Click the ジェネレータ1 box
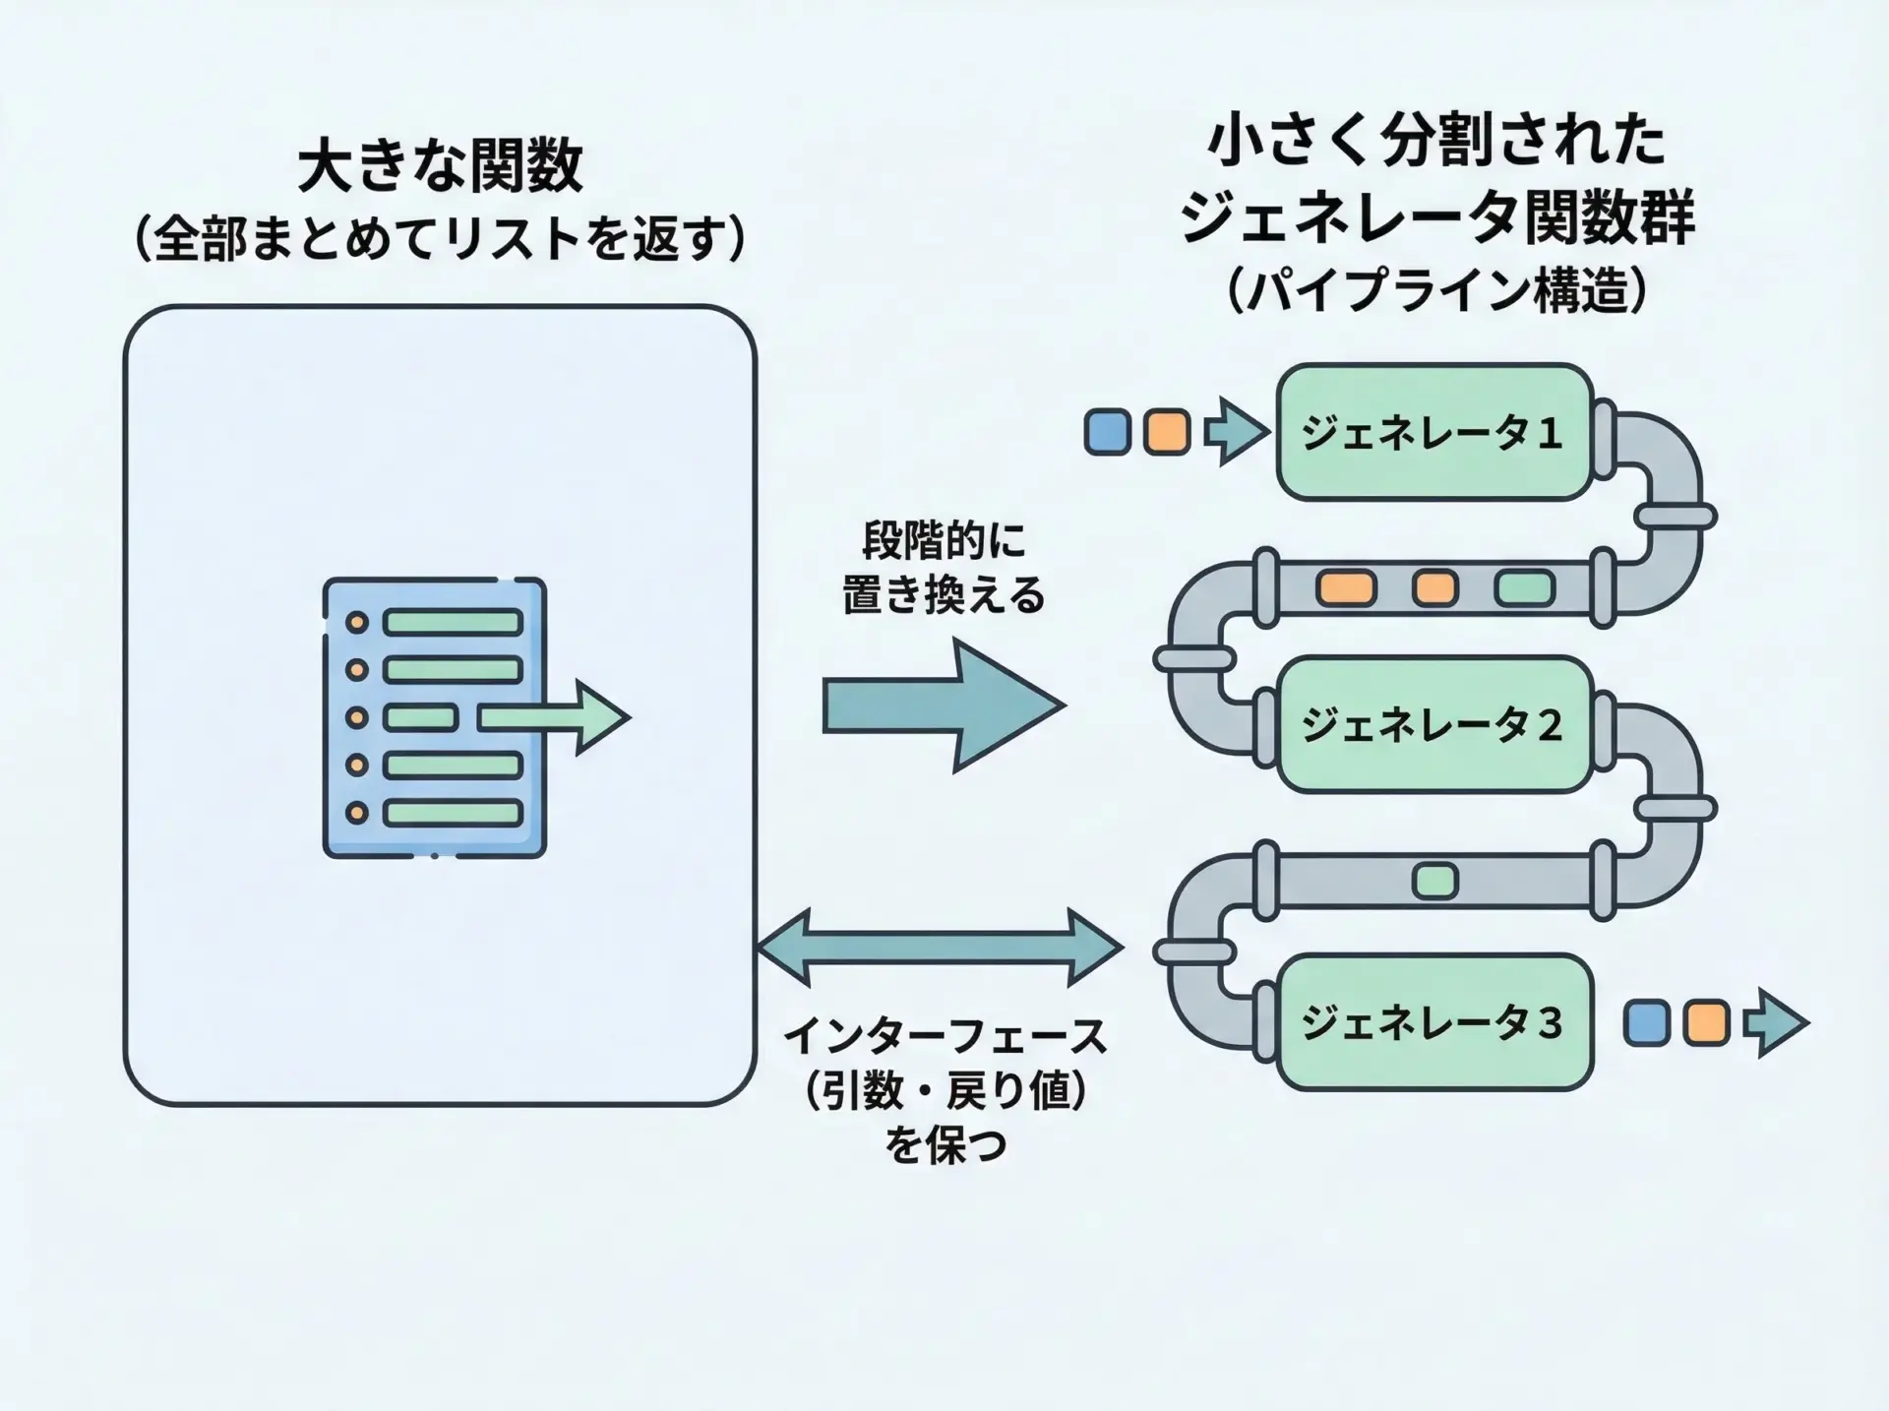pos(1433,432)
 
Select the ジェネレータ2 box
pos(1433,725)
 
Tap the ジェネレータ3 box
pos(1433,1022)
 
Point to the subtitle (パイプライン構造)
pos(1437,291)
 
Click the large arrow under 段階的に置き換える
pos(943,705)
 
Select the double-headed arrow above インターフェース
pos(940,948)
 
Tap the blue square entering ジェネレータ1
pos(1107,432)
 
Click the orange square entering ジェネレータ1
pos(1167,432)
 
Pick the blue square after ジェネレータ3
pos(1646,1022)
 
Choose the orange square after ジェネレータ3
pos(1706,1022)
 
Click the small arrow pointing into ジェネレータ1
pos(1236,432)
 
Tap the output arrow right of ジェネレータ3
pos(1775,1022)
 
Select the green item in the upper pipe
pos(1524,588)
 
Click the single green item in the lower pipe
pos(1434,880)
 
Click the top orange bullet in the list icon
pos(356,623)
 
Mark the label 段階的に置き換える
pos(943,568)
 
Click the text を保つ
pos(944,1145)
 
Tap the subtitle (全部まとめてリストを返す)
pos(440,239)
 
